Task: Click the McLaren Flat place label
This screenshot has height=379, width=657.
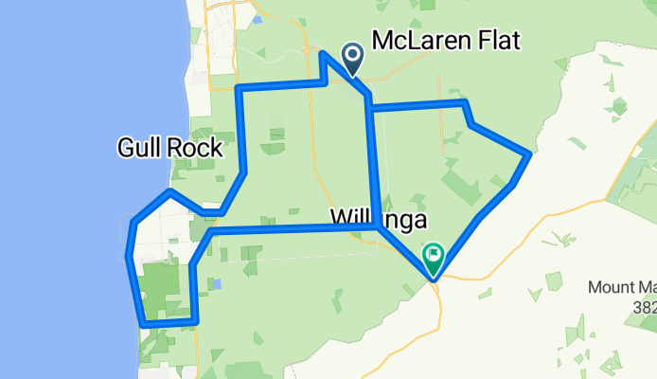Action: click(447, 41)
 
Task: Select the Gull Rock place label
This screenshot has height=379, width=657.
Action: click(169, 147)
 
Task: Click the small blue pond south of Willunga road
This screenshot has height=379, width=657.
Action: click(217, 283)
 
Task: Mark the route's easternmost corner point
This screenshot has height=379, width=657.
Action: click(528, 153)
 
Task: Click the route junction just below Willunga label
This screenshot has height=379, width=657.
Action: click(379, 227)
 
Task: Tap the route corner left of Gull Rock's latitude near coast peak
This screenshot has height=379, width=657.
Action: click(169, 192)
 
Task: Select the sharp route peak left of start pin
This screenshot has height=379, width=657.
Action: click(324, 54)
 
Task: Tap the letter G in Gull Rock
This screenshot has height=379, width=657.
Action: click(126, 147)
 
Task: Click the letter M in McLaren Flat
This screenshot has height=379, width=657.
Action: click(384, 41)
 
